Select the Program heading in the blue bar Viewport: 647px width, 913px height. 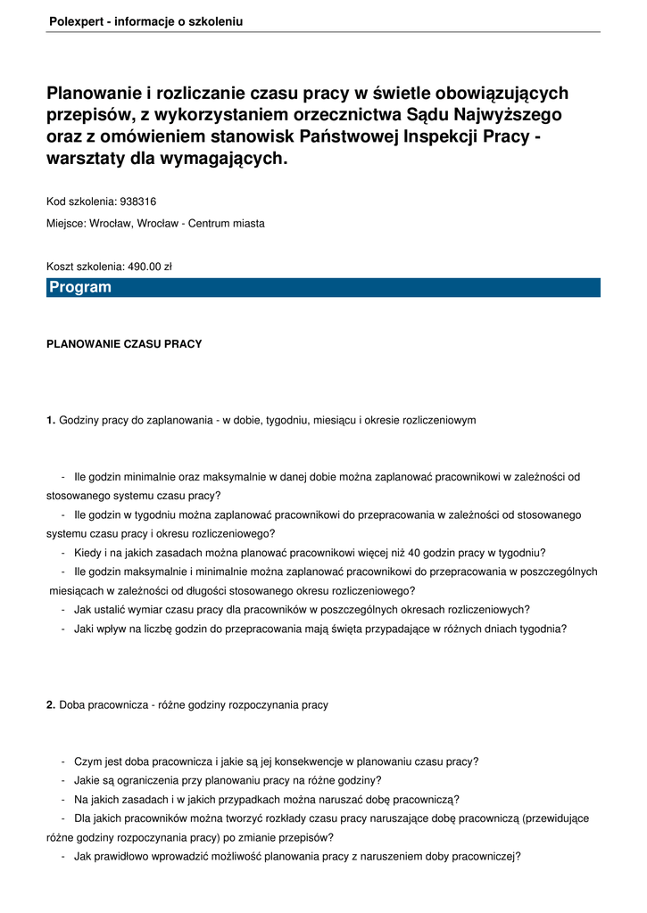(x=80, y=287)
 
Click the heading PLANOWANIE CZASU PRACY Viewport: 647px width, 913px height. (x=124, y=344)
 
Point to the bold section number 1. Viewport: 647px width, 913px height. (x=51, y=420)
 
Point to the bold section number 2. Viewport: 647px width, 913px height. (x=51, y=705)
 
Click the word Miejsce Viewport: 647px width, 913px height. (x=64, y=224)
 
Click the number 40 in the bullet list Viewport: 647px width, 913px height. (x=415, y=553)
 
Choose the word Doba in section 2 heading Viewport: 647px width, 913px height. (x=71, y=705)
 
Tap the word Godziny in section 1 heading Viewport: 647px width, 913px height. (x=79, y=420)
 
